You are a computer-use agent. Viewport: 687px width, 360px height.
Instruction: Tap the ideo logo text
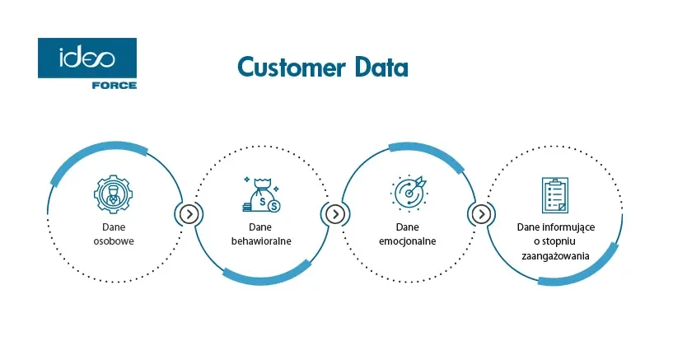pos(86,58)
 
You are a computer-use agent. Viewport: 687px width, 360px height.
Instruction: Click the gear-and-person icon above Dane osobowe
pos(114,193)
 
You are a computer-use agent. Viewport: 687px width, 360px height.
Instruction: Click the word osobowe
pos(114,241)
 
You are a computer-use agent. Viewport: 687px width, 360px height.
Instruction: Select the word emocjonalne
pos(409,241)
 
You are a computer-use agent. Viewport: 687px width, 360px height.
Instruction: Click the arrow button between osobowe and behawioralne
pos(189,214)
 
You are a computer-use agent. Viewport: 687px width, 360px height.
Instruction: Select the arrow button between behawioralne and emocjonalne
pos(334,214)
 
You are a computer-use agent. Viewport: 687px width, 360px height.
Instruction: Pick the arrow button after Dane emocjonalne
pos(480,214)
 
